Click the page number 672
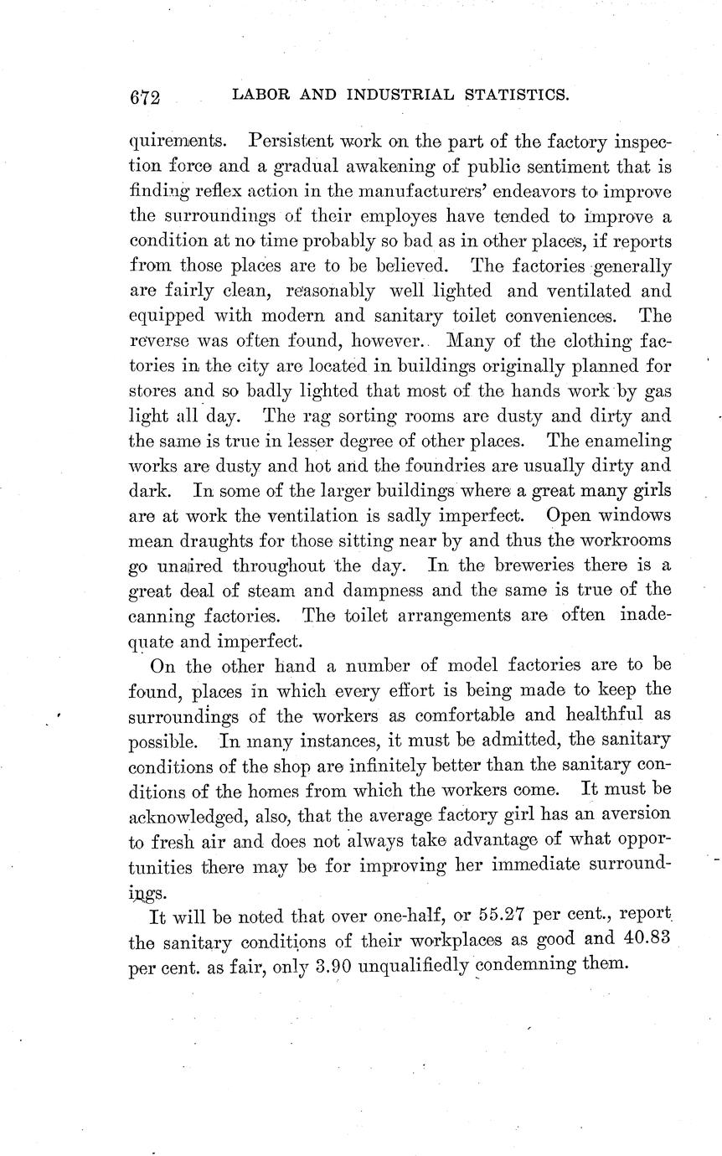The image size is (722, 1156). point(145,97)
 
